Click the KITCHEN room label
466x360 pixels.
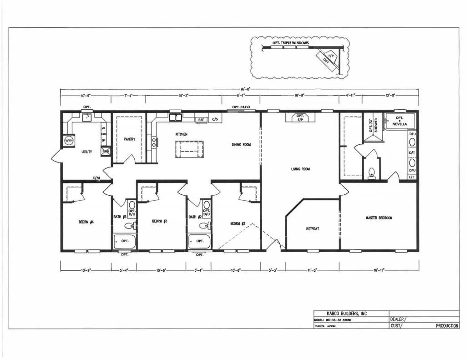[181, 134]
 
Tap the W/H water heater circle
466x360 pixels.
[69, 140]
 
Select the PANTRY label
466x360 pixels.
[129, 139]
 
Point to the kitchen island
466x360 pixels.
[189, 149]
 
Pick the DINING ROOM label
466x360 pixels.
[241, 145]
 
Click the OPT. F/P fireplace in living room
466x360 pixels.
[300, 118]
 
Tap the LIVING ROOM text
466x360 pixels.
[300, 169]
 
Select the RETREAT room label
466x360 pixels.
[312, 228]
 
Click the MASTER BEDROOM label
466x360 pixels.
[379, 218]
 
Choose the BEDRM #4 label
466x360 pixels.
[86, 222]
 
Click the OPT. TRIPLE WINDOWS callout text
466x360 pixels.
[290, 43]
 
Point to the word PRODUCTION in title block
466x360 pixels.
[447, 326]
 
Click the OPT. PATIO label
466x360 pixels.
[241, 107]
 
